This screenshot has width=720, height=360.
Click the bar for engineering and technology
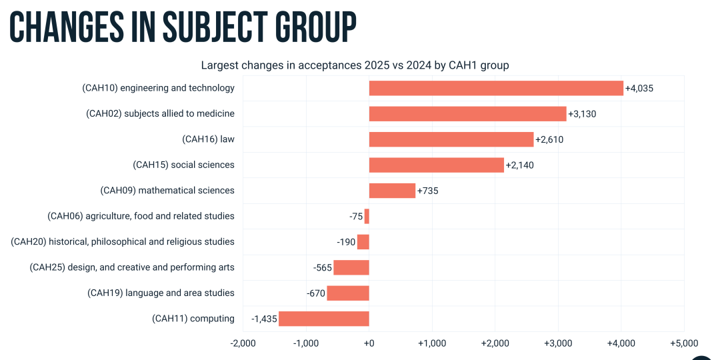[x=496, y=88]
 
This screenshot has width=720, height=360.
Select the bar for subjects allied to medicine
[x=467, y=114]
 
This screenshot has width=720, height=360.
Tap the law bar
[x=451, y=139]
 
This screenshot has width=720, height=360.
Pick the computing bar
[x=323, y=319]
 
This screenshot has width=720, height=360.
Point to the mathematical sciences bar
[x=392, y=191]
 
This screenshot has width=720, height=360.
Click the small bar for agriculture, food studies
[x=367, y=216]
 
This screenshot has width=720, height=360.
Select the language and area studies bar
[x=348, y=293]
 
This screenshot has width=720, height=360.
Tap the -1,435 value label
[x=264, y=319]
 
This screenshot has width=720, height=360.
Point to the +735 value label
[x=427, y=191]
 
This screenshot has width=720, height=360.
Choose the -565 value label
[x=322, y=268]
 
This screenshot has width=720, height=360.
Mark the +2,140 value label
[x=519, y=165]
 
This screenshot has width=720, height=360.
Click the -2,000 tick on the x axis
[x=243, y=343]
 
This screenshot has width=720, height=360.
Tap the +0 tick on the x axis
[x=369, y=343]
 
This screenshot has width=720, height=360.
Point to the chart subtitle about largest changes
[x=355, y=65]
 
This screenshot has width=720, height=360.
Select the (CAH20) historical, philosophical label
[x=123, y=242]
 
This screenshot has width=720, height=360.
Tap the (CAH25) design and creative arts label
[x=132, y=267]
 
